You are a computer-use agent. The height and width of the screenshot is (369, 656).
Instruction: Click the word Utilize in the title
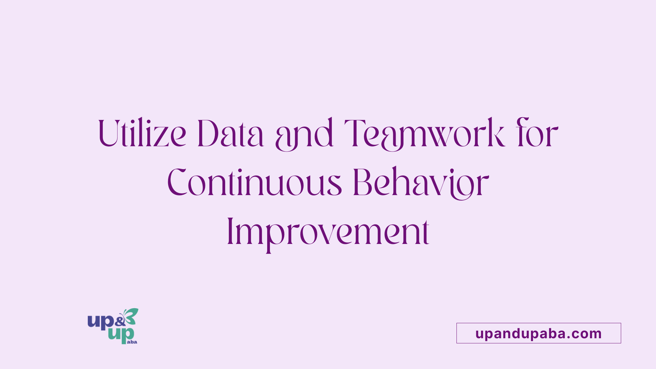(x=142, y=133)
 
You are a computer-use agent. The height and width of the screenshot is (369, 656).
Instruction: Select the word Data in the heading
(x=231, y=133)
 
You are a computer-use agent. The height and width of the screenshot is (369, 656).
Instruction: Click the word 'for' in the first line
(x=537, y=133)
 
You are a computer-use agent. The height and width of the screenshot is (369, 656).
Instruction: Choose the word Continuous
(x=255, y=182)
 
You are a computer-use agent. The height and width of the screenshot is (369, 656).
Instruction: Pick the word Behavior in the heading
(x=421, y=183)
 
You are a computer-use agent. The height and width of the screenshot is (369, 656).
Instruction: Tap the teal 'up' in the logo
(x=121, y=336)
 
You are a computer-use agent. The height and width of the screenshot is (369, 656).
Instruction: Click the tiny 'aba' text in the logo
(x=132, y=342)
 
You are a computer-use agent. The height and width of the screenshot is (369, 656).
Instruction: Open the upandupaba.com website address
(x=538, y=333)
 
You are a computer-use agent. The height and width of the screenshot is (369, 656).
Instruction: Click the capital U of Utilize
(x=111, y=134)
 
